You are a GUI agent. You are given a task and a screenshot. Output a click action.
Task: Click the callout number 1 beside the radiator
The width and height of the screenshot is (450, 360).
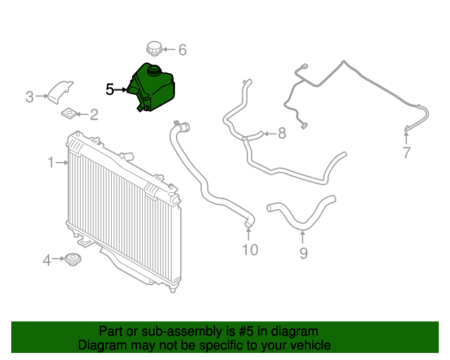pyautogui.click(x=51, y=163)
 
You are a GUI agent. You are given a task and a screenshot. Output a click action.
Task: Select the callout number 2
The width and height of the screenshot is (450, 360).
pyautogui.click(x=94, y=114)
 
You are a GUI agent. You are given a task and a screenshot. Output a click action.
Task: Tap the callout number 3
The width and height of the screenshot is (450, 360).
pyautogui.click(x=30, y=96)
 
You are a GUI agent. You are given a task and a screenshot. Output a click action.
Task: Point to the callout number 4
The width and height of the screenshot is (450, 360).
pyautogui.click(x=47, y=261)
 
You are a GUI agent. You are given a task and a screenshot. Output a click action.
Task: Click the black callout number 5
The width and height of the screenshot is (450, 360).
pyautogui.click(x=110, y=89)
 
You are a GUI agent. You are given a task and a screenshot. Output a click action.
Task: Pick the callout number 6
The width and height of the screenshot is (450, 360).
pyautogui.click(x=182, y=50)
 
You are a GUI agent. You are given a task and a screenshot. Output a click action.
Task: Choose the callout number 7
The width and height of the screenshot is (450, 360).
pyautogui.click(x=406, y=153)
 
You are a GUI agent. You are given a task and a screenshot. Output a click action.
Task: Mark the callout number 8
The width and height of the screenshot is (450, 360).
pyautogui.click(x=281, y=133)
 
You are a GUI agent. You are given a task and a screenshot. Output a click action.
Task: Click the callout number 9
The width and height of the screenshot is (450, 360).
pyautogui.click(x=303, y=253)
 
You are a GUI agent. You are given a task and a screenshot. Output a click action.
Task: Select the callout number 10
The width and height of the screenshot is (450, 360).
pyautogui.click(x=250, y=250)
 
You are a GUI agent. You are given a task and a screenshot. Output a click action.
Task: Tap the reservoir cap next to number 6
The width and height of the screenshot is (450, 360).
pyautogui.click(x=153, y=49)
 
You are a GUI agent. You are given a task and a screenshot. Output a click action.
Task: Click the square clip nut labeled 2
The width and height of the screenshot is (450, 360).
pyautogui.click(x=70, y=113)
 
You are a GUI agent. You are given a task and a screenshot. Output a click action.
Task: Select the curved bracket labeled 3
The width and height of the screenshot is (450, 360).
pyautogui.click(x=59, y=93)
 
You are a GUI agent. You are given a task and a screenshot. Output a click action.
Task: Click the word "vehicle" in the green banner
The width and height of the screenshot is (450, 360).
pyautogui.click(x=307, y=345)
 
